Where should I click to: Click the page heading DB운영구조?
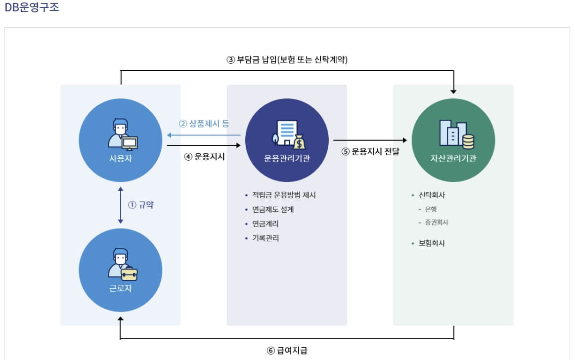coord(32,8)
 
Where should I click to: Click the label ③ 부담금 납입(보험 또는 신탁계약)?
coord(287,60)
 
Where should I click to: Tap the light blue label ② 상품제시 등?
coord(204,124)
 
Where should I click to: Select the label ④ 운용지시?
coord(205,157)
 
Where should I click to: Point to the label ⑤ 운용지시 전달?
coord(370,152)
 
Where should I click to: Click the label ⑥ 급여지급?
coord(287,350)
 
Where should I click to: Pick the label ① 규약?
coord(141,205)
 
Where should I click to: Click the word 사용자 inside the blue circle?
coord(121,159)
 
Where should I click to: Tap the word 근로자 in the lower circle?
coord(121,288)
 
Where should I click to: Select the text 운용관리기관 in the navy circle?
coord(287,159)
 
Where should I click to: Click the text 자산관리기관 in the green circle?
coord(453,159)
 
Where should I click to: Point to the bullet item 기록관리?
coord(265,238)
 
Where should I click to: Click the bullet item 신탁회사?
coord(432,195)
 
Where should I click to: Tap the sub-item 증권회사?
coord(436,223)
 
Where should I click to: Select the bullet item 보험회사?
coord(432,243)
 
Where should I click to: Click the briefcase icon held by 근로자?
coord(129,273)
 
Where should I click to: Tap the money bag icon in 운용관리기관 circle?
coord(299,143)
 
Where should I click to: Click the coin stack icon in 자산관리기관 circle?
coord(468,141)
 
